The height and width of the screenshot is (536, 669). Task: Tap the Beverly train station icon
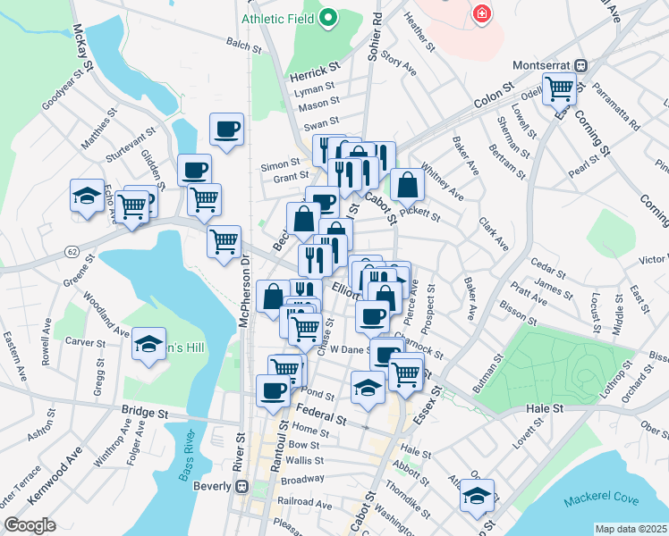[x=241, y=487]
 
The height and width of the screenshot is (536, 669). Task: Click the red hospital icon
[x=481, y=13]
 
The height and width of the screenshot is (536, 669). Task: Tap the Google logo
[x=30, y=525]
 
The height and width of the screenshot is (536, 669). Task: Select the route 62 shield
[x=70, y=253]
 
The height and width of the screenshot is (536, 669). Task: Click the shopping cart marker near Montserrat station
[x=559, y=88]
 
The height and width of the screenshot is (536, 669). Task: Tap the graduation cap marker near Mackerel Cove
[x=478, y=495]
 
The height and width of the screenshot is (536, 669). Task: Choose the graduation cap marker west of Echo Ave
[x=87, y=196]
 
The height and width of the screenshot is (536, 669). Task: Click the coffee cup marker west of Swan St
[x=227, y=129]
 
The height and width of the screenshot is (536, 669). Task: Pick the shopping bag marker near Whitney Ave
[x=407, y=185]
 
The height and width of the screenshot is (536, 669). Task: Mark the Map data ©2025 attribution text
[x=631, y=529]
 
